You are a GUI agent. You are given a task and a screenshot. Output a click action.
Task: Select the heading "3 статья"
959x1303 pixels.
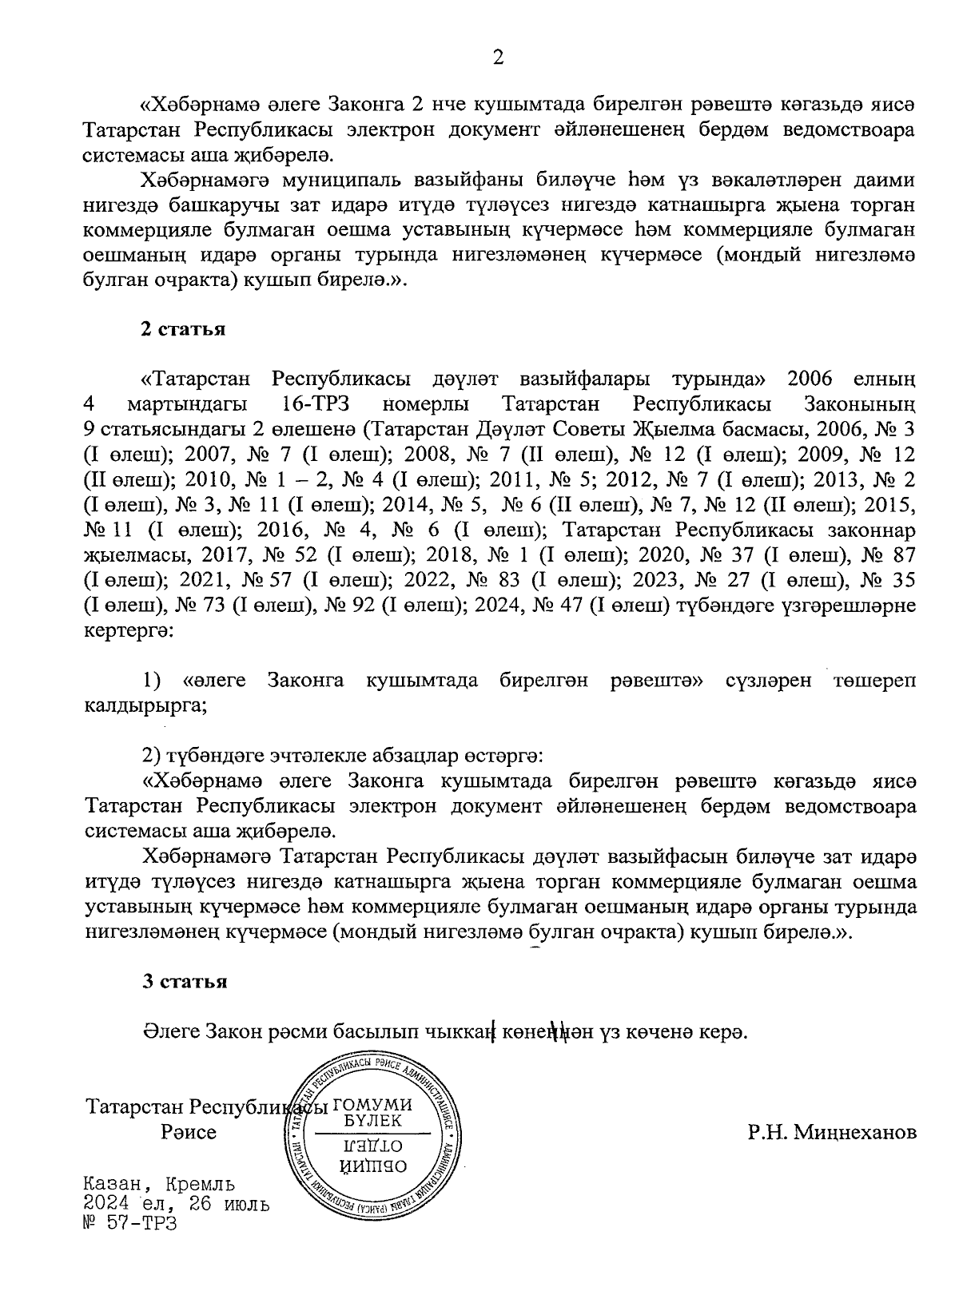click(x=184, y=982)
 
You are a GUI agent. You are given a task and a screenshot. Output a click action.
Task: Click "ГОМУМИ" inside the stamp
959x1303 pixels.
click(x=372, y=1106)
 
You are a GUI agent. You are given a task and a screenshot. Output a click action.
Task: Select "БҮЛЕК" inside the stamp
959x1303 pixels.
click(x=373, y=1121)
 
